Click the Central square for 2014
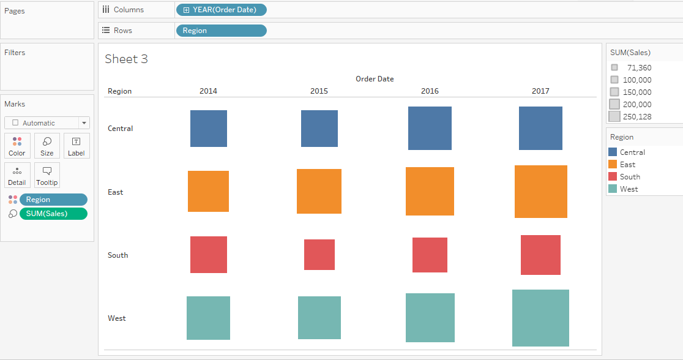[209, 129]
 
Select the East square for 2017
[541, 192]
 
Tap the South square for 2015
[319, 255]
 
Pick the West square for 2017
[541, 318]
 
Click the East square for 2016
[430, 192]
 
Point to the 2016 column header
[430, 91]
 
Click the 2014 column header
[208, 91]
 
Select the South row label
[118, 255]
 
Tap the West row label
[117, 318]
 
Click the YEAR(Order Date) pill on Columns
[221, 10]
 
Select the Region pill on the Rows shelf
[221, 31]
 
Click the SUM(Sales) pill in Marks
[53, 214]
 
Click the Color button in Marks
[17, 146]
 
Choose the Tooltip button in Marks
[47, 176]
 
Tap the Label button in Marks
[77, 146]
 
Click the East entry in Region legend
[627, 165]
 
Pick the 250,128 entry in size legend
[636, 117]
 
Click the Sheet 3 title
[127, 59]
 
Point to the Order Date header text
[375, 79]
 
